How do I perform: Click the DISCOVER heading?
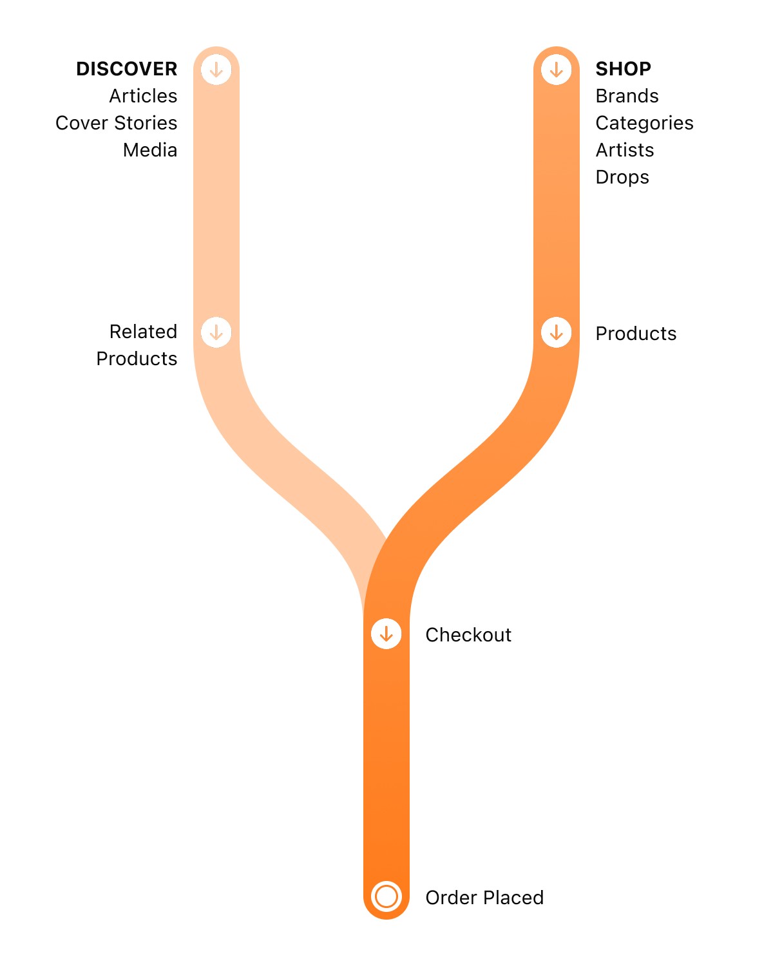pos(126,69)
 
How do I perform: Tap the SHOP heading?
pos(623,69)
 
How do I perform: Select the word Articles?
pos(143,96)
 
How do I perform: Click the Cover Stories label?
pos(116,123)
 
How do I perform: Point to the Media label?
pos(150,150)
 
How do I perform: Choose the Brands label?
pos(627,96)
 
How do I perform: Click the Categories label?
pos(644,123)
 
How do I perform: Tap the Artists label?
pos(625,150)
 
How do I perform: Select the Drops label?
pos(622,177)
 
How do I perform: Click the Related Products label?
pos(137,345)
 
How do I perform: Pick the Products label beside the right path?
pos(636,334)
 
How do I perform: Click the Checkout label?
pos(468,635)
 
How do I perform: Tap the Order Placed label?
pos(484,898)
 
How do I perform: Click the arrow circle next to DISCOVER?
pos(216,69)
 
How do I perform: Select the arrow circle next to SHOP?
pos(557,69)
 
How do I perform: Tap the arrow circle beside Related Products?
pos(216,332)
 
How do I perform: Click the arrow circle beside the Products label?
pos(557,332)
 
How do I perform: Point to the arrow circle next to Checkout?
pos(386,634)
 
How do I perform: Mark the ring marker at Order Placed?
pos(386,896)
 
